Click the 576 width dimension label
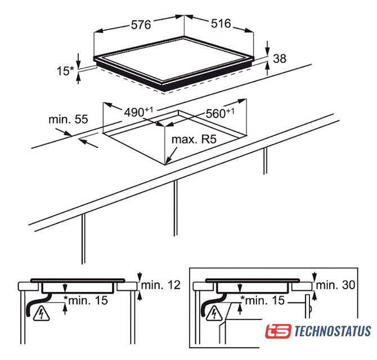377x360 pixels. click(141, 25)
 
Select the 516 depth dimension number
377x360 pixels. click(221, 24)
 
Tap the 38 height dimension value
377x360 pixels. click(280, 58)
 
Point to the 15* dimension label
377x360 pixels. click(65, 71)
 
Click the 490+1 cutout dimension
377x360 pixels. click(138, 112)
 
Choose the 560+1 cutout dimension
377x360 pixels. click(220, 113)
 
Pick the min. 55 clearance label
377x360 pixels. click(68, 119)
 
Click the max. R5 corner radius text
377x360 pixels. click(194, 139)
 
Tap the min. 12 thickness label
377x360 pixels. click(161, 285)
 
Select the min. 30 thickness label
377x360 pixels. click(336, 285)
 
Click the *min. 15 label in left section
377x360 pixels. click(86, 300)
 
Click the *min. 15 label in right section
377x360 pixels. click(263, 300)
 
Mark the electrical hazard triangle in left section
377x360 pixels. click(42, 314)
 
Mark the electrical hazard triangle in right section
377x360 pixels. click(214, 314)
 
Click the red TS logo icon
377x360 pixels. click(278, 331)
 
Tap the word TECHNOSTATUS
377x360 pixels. click(333, 331)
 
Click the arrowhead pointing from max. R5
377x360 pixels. click(168, 160)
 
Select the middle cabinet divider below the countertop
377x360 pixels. click(176, 208)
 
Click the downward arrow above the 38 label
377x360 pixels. click(268, 48)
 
